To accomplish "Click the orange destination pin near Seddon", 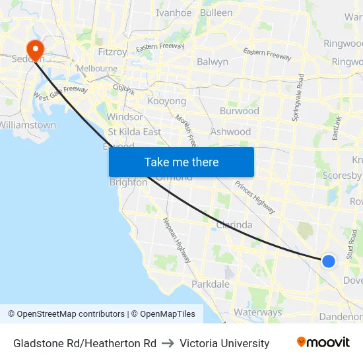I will [x=33, y=49].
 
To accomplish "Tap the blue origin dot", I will [x=329, y=261].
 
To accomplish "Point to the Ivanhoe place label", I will [x=174, y=13].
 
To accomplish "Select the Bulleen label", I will [x=216, y=13].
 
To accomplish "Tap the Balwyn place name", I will [x=213, y=61].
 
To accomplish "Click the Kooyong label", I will [x=166, y=102].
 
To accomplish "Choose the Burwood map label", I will [x=239, y=111].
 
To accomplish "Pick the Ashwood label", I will [x=230, y=131].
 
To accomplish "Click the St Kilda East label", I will [x=134, y=131].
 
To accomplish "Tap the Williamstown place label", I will [x=28, y=125].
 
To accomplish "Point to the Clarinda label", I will [x=234, y=224].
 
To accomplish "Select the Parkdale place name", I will [x=210, y=284].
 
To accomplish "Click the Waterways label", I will [x=257, y=312].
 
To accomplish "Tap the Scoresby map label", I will [x=342, y=175].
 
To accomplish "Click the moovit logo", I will [x=323, y=343].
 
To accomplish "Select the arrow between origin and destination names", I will [x=168, y=343].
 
